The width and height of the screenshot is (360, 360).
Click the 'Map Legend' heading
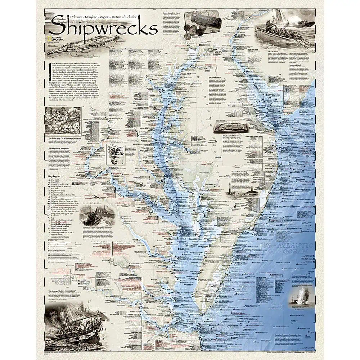pos(53,176)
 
